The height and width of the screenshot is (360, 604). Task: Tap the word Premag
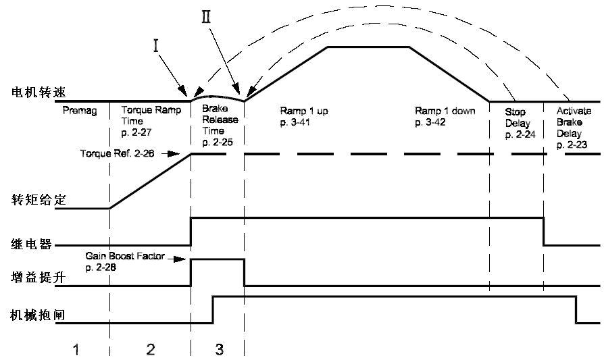coord(76,110)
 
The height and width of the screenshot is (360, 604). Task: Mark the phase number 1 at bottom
coord(78,349)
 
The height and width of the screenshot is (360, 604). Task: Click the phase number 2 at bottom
coord(150,349)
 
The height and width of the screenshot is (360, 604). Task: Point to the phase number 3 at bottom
coord(218,349)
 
